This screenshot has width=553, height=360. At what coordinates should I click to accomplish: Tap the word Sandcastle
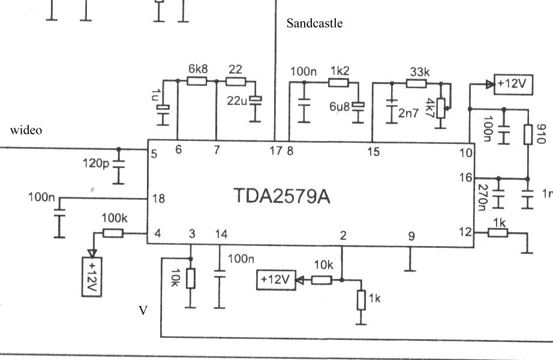314,23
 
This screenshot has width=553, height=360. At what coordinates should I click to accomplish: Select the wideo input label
26,130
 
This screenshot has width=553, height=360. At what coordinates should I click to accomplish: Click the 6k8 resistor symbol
197,80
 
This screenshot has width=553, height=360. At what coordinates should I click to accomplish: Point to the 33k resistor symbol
416,83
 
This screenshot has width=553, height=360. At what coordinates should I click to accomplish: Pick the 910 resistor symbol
528,134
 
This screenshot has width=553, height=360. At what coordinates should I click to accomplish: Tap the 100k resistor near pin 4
113,233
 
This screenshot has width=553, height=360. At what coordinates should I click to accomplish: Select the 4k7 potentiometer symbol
441,109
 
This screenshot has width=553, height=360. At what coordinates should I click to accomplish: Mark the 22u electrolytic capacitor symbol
257,100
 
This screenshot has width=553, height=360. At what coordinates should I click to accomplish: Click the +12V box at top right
513,84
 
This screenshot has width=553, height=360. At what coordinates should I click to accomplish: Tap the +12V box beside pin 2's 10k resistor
275,279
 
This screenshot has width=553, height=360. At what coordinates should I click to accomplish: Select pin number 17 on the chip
276,152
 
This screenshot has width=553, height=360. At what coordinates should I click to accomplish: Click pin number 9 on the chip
411,236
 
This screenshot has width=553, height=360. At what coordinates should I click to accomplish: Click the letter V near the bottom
143,311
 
